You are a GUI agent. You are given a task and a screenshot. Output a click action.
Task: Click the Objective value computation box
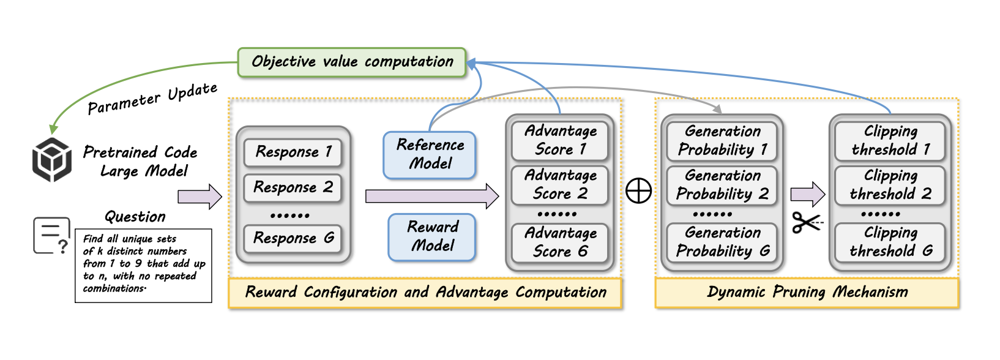[x=352, y=62]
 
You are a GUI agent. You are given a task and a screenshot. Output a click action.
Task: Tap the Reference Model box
[x=430, y=154]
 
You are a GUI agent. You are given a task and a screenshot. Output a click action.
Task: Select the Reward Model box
[x=432, y=236]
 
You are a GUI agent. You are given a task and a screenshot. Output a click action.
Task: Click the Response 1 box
[x=293, y=152]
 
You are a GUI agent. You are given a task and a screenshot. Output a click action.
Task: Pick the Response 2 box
[x=293, y=187]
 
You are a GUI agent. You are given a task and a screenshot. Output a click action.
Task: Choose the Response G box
[x=293, y=238]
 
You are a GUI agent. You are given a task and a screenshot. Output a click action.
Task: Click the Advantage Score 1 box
[x=560, y=140]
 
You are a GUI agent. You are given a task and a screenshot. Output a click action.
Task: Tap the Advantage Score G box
[x=560, y=242]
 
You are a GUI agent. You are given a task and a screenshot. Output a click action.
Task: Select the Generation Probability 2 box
[x=722, y=185]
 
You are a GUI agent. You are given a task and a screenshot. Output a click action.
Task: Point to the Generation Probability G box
[x=722, y=242]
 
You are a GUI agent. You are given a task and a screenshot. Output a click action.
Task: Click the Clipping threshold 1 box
[x=890, y=140]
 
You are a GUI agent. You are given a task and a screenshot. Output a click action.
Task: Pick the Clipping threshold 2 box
[x=890, y=185]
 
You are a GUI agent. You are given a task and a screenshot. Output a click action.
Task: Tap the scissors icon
[x=807, y=223]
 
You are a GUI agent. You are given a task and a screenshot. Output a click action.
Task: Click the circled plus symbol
[x=638, y=191]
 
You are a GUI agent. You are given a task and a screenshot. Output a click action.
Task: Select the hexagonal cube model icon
[x=52, y=160]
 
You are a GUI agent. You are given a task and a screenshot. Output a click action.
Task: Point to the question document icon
[x=50, y=236]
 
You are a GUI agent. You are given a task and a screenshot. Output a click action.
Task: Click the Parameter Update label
[x=152, y=99]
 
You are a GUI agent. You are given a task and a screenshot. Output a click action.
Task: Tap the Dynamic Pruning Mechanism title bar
[x=807, y=293]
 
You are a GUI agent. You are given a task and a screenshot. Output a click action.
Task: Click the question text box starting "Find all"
[x=143, y=265]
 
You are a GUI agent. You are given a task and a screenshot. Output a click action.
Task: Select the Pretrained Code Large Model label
[x=141, y=161]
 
